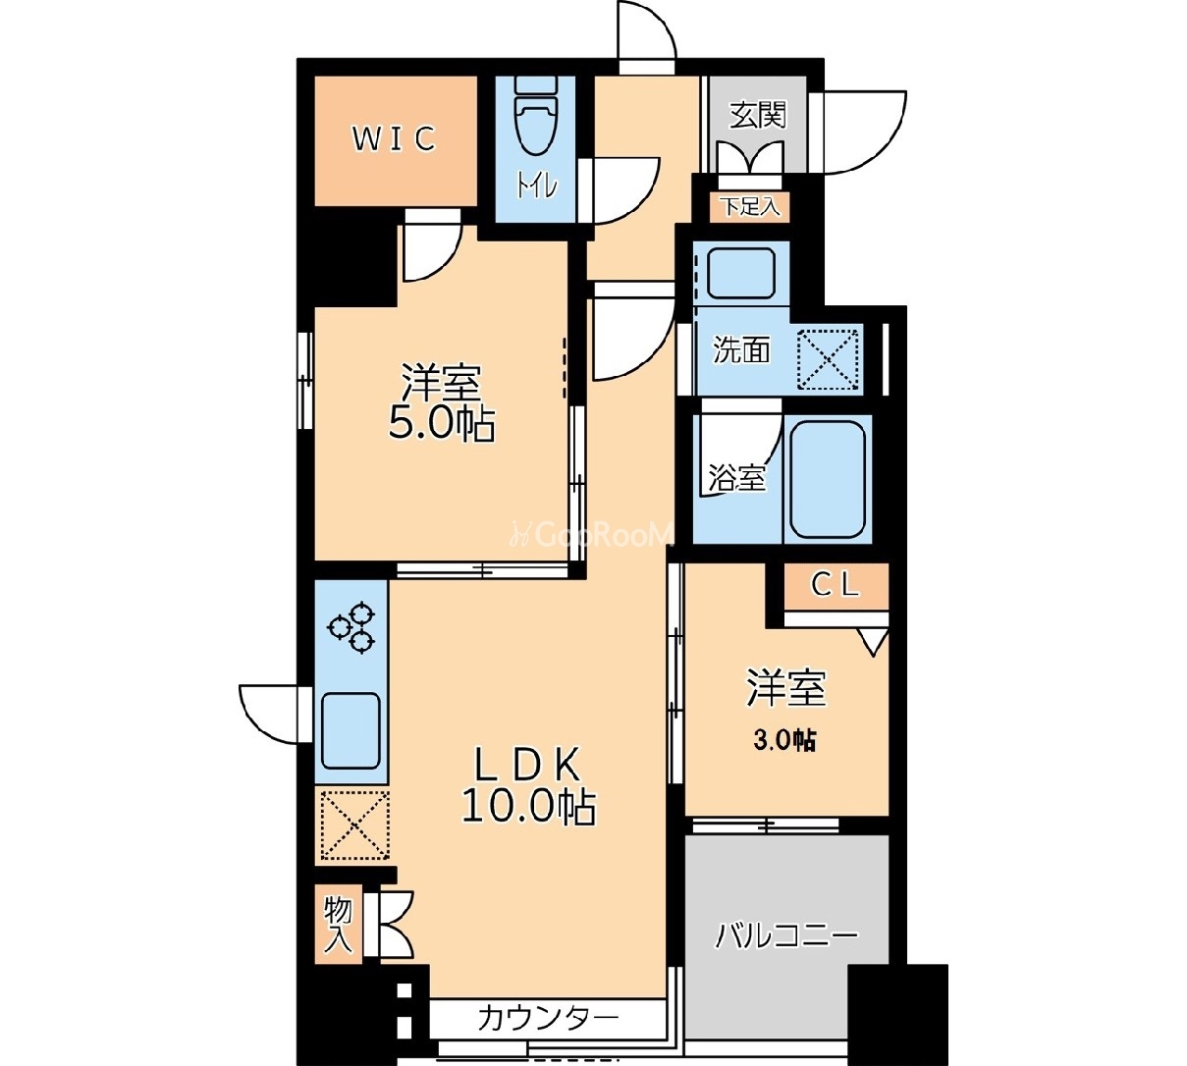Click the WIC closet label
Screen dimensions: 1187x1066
pyautogui.click(x=395, y=138)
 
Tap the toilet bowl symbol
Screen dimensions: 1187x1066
pyautogui.click(x=535, y=117)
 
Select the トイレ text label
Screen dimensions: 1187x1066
pyautogui.click(x=536, y=187)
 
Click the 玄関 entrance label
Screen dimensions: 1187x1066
pyautogui.click(x=758, y=115)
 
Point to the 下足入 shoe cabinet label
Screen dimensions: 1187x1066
pyautogui.click(x=750, y=207)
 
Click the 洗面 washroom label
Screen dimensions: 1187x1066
pyautogui.click(x=740, y=350)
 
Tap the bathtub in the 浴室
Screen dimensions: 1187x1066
pyautogui.click(x=828, y=480)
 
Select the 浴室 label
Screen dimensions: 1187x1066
pyautogui.click(x=736, y=478)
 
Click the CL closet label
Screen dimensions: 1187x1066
pyautogui.click(x=835, y=585)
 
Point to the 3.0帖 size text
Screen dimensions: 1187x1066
pyautogui.click(x=784, y=740)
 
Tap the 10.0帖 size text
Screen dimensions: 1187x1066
pyautogui.click(x=529, y=808)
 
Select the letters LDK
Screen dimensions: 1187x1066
pyautogui.click(x=528, y=764)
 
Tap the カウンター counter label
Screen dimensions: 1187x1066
pyautogui.click(x=548, y=1019)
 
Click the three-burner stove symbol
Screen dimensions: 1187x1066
pyautogui.click(x=351, y=626)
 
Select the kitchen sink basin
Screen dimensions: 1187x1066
pyautogui.click(x=351, y=730)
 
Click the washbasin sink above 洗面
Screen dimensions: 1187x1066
pyautogui.click(x=741, y=273)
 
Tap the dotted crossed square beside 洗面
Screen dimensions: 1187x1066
pyautogui.click(x=829, y=358)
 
